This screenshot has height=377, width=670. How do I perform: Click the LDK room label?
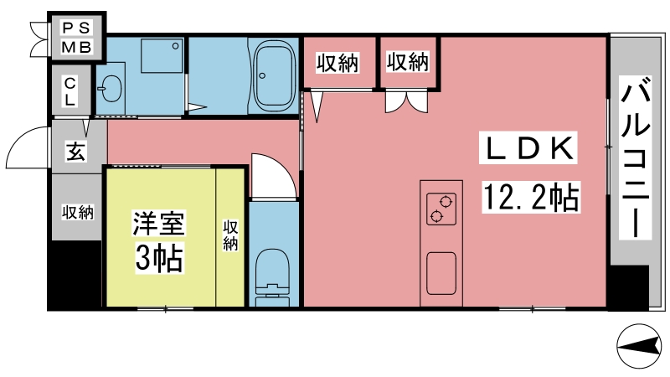[528, 148]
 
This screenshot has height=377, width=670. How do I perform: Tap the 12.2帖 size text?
[531, 197]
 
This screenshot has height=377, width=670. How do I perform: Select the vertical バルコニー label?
[636, 158]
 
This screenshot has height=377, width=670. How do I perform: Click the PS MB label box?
[77, 37]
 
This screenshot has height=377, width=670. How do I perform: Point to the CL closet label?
[70, 91]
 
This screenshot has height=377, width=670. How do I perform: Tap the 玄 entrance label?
[75, 151]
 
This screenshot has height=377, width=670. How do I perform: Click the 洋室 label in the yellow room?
[158, 223]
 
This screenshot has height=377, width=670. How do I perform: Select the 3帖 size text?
[159, 257]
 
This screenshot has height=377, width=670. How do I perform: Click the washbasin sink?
[111, 89]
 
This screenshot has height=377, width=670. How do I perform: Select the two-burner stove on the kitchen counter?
[441, 208]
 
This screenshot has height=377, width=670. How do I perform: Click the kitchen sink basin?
[441, 273]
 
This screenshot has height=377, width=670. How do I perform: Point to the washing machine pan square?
[162, 55]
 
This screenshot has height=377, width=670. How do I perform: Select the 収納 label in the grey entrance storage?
[77, 212]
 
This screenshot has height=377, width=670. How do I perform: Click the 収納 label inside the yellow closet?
[229, 235]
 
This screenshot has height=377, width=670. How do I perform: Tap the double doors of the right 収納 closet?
[406, 101]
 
